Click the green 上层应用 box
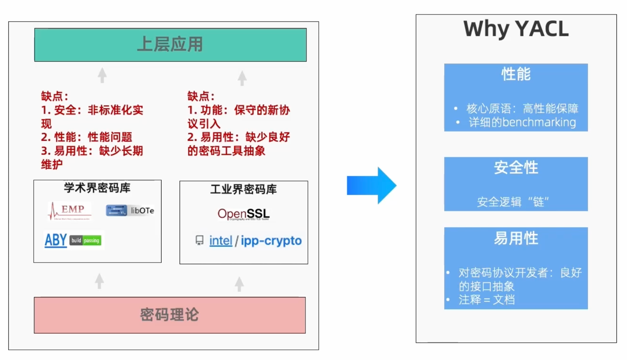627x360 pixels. coord(170,45)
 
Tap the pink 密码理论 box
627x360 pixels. coord(170,315)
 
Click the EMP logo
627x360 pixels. coord(70,211)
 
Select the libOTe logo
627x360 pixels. coord(130,211)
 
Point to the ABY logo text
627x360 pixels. coord(56,240)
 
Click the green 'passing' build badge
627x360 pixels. coord(91,240)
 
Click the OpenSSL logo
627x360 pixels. coord(244,214)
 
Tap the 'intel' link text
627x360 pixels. coord(221,241)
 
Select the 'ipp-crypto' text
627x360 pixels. coord(271,241)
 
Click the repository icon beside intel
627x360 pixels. coord(199,240)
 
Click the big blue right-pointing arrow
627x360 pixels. coord(371,185)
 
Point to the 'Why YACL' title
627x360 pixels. coord(516,29)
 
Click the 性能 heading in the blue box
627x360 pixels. coord(516,74)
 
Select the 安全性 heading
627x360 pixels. coord(516,168)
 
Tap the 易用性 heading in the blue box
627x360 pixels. coord(516,238)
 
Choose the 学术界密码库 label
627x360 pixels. coord(97,188)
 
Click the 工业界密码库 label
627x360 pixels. coord(244,190)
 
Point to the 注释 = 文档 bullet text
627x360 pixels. coord(487,300)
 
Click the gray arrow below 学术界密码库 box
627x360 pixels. coord(100,281)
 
